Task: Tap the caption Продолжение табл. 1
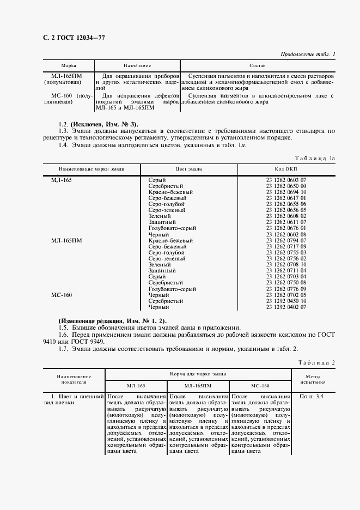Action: (308, 53)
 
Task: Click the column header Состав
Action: (257, 65)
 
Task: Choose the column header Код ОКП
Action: (286, 169)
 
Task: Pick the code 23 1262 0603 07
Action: (286, 180)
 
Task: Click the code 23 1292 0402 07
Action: (286, 307)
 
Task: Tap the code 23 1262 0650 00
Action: (286, 186)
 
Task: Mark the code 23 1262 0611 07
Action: (286, 222)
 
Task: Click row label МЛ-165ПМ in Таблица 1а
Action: (66, 240)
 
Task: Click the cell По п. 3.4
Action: (312, 397)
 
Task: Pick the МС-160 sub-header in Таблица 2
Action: (260, 386)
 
